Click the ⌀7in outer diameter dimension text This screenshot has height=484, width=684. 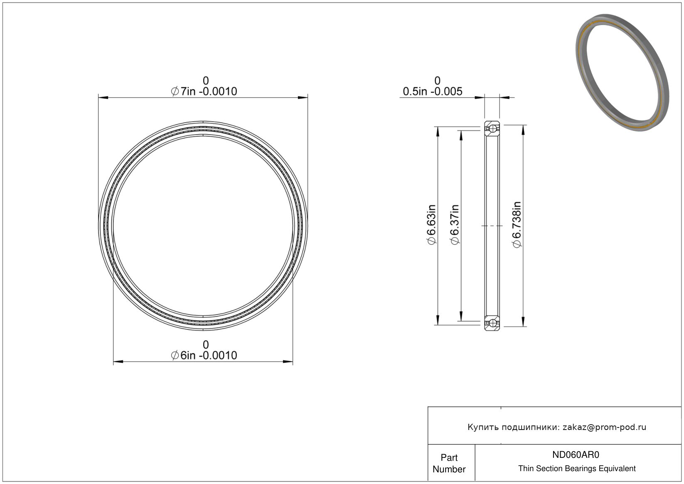[x=204, y=91]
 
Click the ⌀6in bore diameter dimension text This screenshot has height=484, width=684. [x=204, y=356]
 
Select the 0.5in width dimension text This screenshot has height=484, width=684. [x=433, y=91]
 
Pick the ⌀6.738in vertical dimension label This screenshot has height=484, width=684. [x=517, y=225]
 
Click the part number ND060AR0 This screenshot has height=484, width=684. [x=576, y=455]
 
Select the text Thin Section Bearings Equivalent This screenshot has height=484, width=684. [x=577, y=469]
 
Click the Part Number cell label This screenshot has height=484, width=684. [x=449, y=463]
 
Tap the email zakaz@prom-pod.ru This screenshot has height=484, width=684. [x=604, y=427]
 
